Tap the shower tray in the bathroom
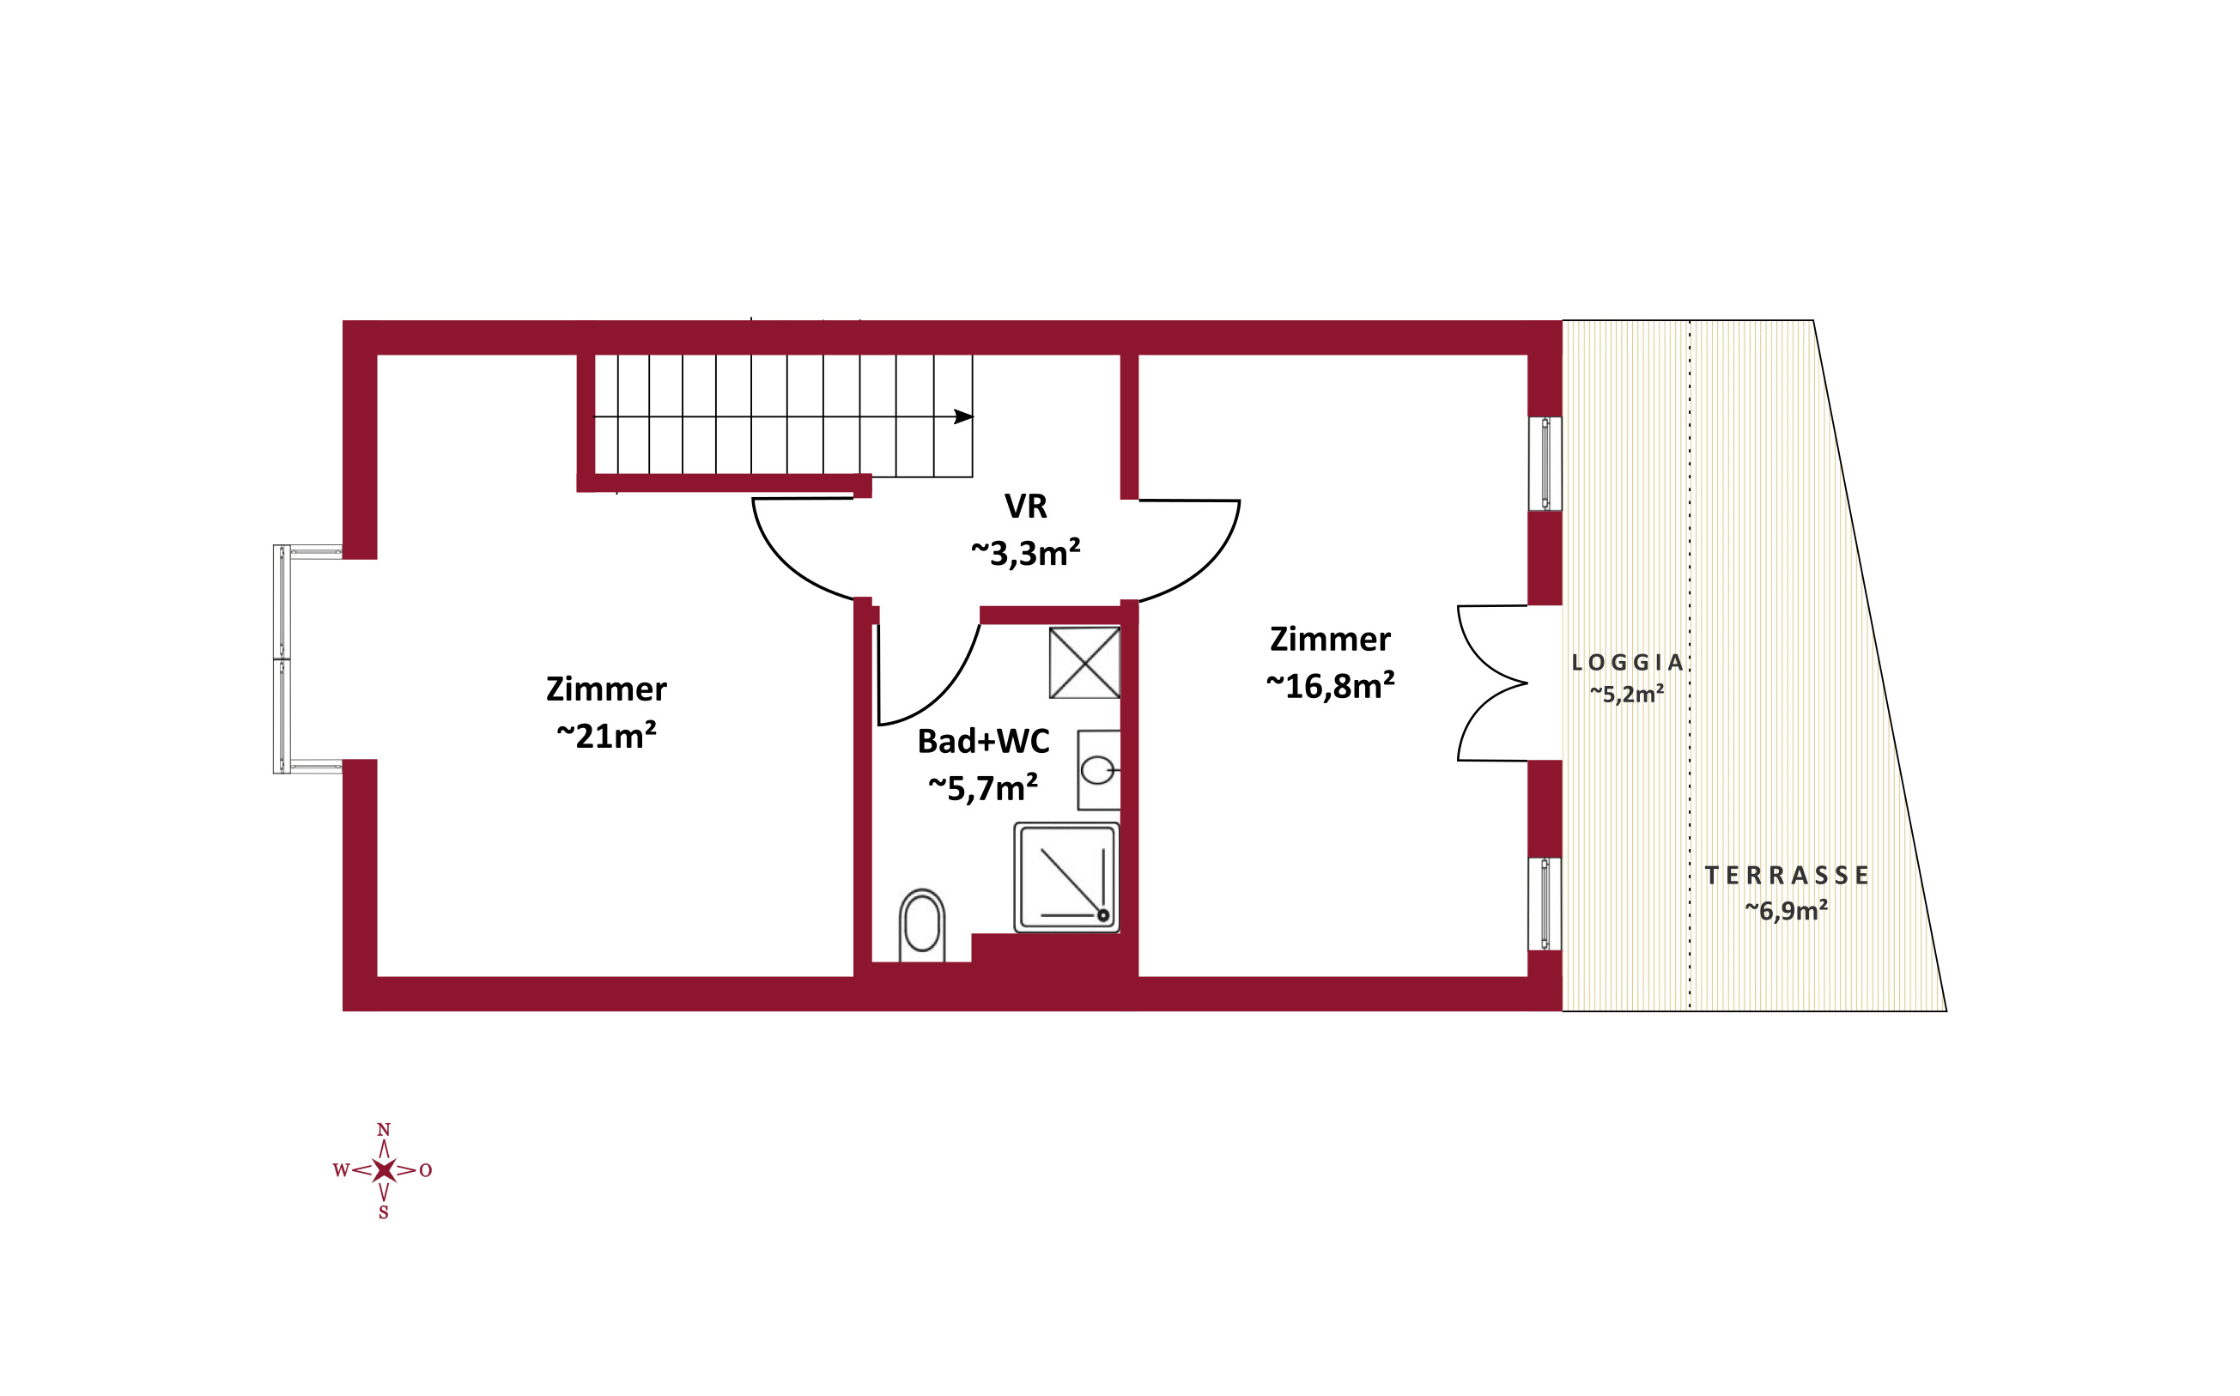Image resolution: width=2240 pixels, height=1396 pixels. pos(1066,878)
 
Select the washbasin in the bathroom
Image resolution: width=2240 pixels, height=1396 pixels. pos(1099,770)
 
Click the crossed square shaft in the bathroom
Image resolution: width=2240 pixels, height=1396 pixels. pos(1085,663)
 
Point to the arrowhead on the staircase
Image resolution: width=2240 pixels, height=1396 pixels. pos(963,416)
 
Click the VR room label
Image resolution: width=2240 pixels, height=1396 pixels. pos(1026,506)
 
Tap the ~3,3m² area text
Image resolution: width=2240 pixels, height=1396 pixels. pos(1025,553)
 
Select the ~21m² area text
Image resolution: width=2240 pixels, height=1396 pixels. pos(607,736)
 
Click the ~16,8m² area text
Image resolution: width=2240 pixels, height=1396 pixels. pos(1330,686)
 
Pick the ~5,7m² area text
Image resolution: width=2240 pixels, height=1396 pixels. pos(982,788)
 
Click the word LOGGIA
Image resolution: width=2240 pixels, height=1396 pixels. pos(1627,662)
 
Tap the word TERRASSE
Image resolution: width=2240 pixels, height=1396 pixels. pos(1787,875)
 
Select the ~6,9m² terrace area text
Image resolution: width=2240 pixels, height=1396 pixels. pos(1786,911)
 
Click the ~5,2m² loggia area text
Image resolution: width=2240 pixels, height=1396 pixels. pos(1626,695)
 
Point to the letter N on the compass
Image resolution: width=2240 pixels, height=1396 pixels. pos(384,1130)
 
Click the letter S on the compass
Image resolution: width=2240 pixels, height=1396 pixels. pos(383,1213)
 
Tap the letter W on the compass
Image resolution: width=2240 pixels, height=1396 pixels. pos(341,1171)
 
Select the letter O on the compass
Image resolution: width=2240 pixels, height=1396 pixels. pos(426,1171)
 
